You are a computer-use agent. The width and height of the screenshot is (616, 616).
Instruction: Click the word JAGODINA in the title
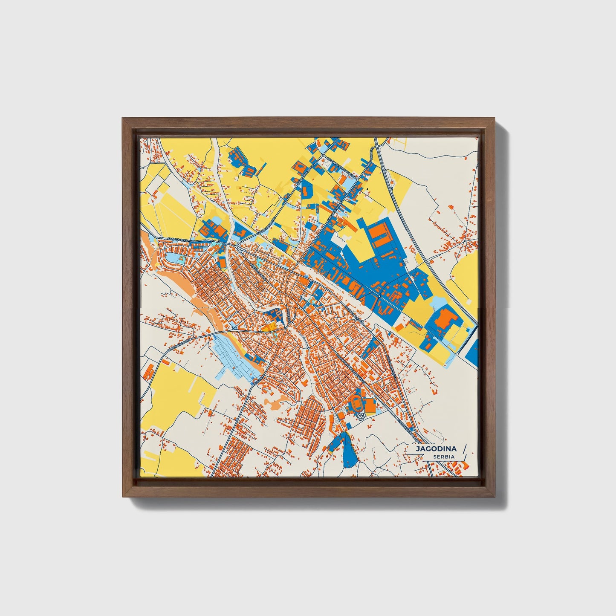coord(436,449)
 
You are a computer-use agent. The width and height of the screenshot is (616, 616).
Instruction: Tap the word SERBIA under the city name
coord(443,457)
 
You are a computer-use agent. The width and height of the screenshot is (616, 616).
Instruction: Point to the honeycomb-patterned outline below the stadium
coord(360,416)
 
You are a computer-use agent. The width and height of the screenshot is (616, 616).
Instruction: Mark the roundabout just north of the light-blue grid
coord(235,328)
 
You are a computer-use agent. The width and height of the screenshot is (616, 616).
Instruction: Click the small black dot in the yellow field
coord(367,188)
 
